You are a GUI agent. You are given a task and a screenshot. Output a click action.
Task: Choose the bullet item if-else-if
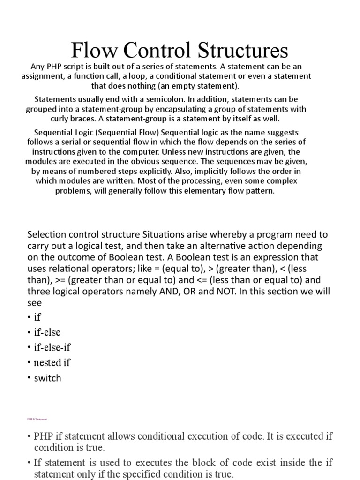point(52,347)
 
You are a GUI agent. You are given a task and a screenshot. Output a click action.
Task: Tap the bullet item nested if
point(52,362)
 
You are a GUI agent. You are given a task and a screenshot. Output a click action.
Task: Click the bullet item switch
point(47,378)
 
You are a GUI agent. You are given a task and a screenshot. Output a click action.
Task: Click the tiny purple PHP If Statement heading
point(37,419)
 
